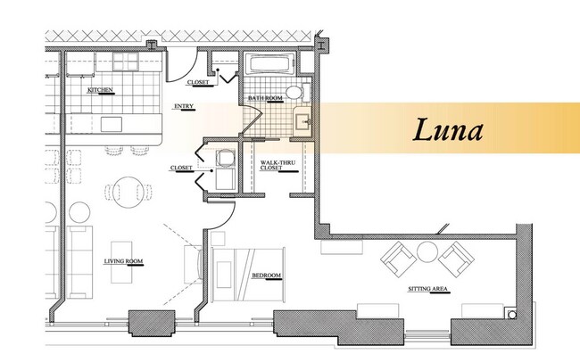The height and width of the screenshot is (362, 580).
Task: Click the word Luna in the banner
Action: pyautogui.click(x=447, y=129)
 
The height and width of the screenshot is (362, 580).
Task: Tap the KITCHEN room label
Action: pyautogui.click(x=99, y=91)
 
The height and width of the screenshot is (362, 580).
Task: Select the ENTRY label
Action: pyautogui.click(x=184, y=108)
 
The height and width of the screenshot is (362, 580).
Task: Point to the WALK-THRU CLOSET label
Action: pyautogui.click(x=272, y=165)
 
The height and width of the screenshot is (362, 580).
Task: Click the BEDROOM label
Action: pyautogui.click(x=266, y=276)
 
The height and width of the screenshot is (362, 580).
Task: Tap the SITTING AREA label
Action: pyautogui.click(x=427, y=290)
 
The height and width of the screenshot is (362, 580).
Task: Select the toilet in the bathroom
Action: pyautogui.click(x=301, y=92)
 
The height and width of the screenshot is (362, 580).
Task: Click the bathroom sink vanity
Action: pyautogui.click(x=304, y=121)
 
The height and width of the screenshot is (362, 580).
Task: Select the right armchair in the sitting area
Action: pyautogui.click(x=458, y=259)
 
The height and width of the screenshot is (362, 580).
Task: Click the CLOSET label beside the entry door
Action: pyautogui.click(x=198, y=83)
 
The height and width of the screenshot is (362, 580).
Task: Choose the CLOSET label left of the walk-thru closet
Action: pyautogui.click(x=181, y=167)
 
